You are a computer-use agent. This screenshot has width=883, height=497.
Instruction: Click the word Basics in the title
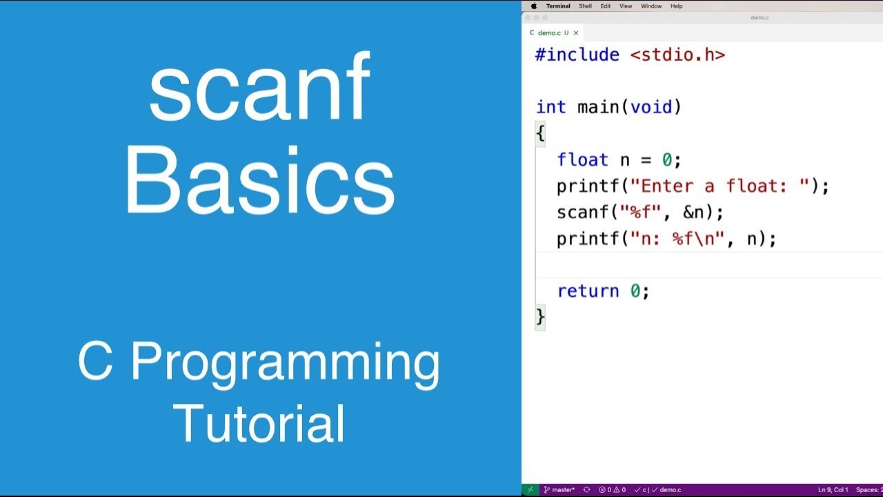259,181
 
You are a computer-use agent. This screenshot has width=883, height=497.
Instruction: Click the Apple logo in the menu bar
533,6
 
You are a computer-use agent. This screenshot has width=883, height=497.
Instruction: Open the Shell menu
585,6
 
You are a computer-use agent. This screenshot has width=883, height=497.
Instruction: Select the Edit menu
605,6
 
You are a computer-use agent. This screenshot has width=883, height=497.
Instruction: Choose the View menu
626,6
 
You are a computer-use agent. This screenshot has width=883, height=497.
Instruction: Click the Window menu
651,6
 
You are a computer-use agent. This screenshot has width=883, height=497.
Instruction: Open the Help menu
677,6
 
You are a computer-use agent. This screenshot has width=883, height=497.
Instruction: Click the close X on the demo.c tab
576,33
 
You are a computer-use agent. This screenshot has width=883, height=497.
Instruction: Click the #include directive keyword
577,55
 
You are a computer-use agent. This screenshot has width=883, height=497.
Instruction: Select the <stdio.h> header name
677,55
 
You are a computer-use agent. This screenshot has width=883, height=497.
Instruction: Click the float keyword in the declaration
582,160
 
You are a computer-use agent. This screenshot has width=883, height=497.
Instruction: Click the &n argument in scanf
693,213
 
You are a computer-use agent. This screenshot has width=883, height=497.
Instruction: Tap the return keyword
588,291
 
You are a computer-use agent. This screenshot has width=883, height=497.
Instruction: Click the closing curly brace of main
540,317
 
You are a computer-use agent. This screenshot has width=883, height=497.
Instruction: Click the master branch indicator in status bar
559,490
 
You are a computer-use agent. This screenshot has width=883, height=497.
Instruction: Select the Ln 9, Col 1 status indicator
833,490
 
